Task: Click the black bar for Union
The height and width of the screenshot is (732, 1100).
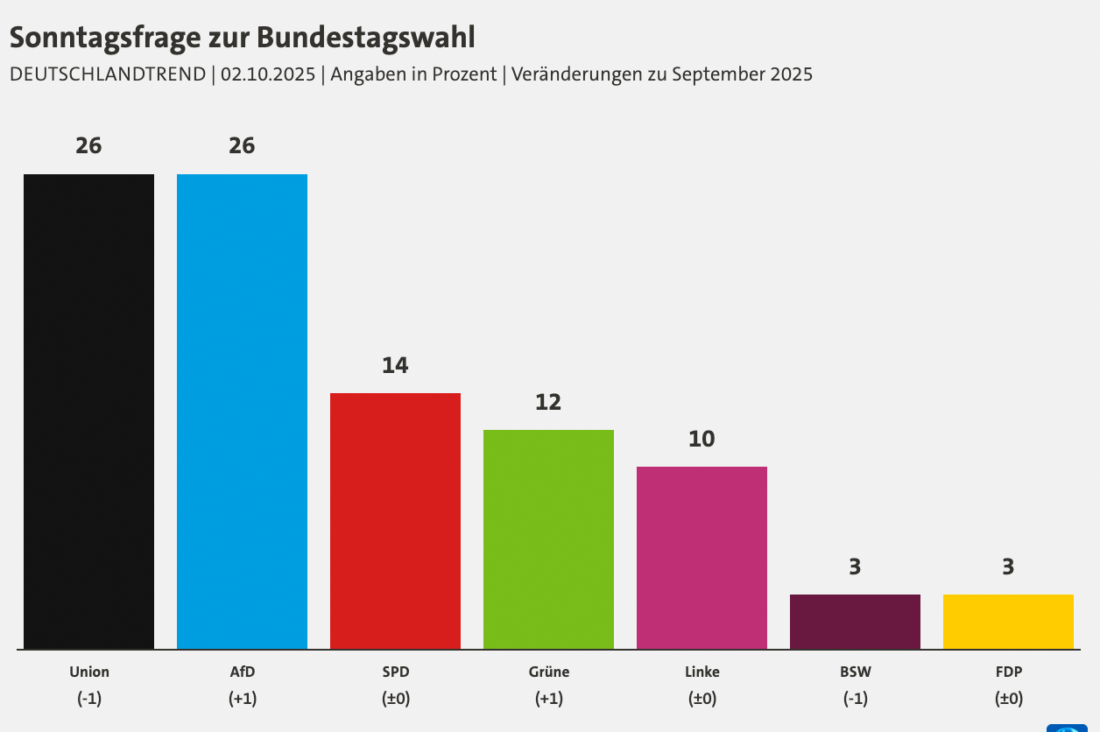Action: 88,412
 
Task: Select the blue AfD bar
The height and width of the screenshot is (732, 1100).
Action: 242,412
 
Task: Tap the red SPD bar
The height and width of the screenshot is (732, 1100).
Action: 395,521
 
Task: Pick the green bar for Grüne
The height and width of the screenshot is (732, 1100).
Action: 548,539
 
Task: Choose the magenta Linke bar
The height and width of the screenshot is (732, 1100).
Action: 702,558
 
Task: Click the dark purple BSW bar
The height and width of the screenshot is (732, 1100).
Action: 855,622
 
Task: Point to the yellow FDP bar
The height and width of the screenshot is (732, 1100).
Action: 1008,622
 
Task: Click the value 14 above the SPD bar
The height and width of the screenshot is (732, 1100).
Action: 395,365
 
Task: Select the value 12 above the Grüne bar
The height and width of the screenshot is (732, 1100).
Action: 548,402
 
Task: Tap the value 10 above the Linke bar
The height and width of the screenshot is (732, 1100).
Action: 702,439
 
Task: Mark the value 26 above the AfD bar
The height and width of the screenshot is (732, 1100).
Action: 242,146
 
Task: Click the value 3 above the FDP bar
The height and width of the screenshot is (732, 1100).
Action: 1008,567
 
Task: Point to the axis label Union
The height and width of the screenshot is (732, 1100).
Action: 89,672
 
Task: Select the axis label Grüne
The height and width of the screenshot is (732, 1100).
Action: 549,672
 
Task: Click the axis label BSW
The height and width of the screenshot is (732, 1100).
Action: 855,672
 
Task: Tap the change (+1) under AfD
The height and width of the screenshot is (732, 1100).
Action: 242,699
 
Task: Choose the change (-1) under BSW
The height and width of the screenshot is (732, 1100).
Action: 855,699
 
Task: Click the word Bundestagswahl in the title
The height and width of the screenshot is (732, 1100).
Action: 366,38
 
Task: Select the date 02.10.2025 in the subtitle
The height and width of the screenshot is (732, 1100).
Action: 267,74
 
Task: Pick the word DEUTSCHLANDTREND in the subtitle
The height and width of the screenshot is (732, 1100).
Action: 107,74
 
